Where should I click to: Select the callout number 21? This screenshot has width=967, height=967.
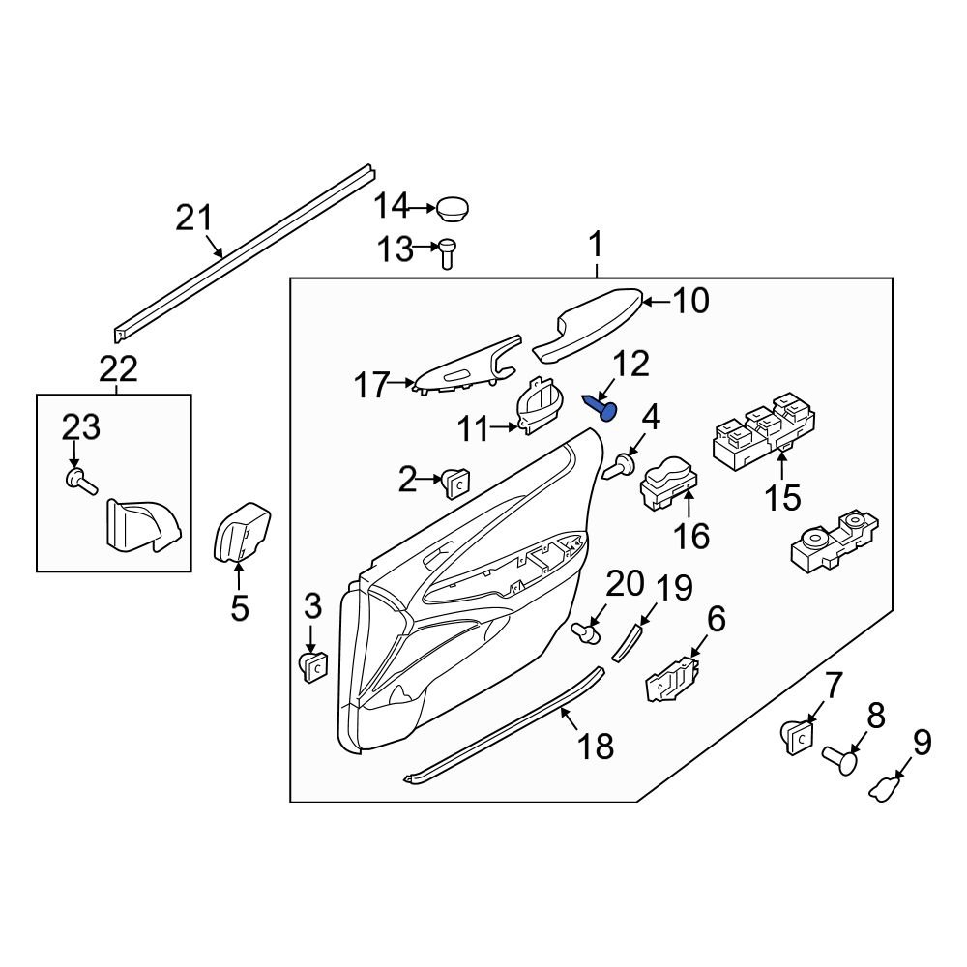point(193,218)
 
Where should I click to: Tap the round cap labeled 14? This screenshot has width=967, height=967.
point(452,207)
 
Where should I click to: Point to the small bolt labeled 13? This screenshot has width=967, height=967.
point(447,253)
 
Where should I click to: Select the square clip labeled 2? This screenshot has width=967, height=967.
point(457,480)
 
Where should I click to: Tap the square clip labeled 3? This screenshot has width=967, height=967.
point(312,666)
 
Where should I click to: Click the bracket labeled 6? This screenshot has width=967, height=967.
point(672,676)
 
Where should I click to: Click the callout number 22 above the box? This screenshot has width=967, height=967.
point(118,368)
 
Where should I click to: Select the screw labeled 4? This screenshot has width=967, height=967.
point(619,468)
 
